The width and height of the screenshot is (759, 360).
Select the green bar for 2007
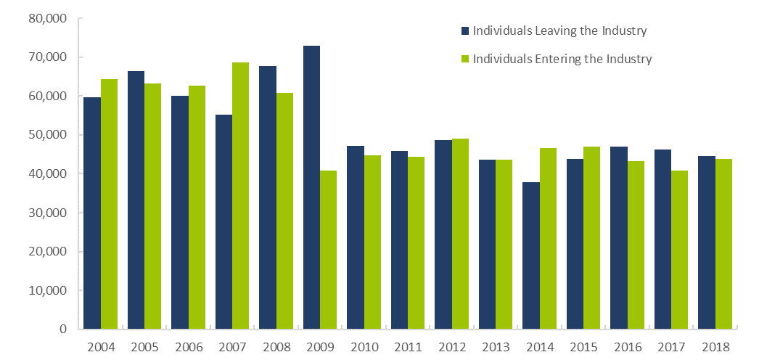(x=241, y=196)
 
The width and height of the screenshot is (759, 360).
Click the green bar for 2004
(x=110, y=204)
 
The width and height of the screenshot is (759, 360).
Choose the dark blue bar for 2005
(x=136, y=200)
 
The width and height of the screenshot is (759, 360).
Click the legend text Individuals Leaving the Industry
(x=559, y=31)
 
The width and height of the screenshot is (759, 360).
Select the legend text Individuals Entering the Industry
(x=562, y=59)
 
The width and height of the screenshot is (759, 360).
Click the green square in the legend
(x=465, y=59)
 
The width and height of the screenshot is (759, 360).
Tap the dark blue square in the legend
(x=465, y=31)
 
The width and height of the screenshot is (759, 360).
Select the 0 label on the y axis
(x=63, y=329)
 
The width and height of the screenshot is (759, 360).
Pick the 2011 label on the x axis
(x=408, y=347)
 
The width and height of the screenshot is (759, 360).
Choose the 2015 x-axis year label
(x=583, y=347)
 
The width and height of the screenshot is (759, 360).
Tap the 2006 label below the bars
(x=189, y=347)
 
